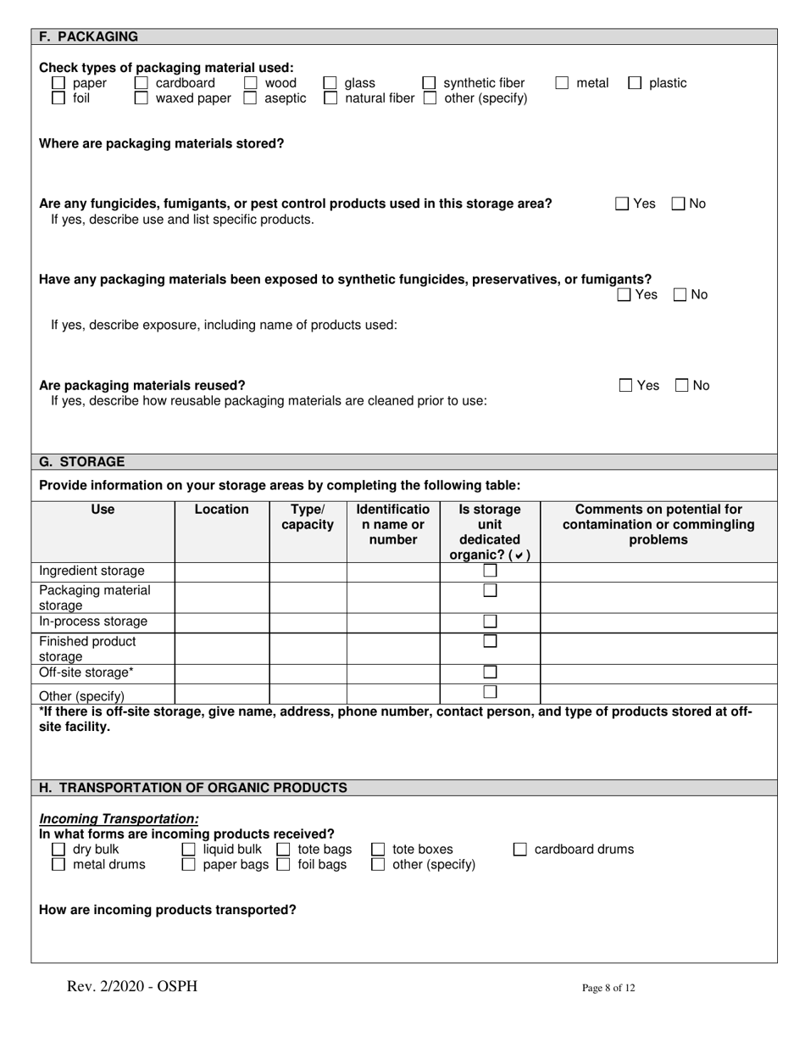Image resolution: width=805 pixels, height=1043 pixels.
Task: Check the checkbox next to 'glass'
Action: point(331,84)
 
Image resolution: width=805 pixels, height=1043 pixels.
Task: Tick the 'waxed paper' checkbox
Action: point(142,98)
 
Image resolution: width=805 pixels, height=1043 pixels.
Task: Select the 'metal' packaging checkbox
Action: point(563,83)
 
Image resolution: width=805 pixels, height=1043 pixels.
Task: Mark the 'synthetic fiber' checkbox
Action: point(430,84)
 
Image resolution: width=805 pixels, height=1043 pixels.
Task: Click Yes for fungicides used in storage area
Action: point(622,204)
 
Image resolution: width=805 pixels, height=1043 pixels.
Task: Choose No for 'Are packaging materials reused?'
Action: point(682,386)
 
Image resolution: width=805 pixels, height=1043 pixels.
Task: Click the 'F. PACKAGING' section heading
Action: point(89,36)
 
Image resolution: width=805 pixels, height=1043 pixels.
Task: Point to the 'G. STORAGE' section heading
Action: point(82,462)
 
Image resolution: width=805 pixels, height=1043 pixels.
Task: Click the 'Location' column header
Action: point(222,510)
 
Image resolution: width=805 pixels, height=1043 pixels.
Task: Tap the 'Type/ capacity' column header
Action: point(308,517)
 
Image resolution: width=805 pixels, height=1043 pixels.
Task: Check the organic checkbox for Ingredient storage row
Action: point(490,572)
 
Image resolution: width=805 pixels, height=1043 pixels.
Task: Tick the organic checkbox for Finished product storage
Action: point(490,641)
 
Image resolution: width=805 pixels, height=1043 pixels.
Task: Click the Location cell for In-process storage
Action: point(222,622)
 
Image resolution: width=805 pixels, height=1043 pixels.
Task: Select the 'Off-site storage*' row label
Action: point(86,672)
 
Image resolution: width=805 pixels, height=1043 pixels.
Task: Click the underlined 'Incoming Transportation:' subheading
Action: point(119,819)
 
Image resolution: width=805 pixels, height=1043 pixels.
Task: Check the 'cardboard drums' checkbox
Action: point(521,850)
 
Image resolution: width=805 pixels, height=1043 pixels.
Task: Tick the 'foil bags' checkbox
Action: point(285,865)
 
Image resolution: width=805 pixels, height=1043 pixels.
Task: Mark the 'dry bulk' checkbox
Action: point(58,850)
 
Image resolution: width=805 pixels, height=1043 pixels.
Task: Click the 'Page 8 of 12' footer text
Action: point(608,988)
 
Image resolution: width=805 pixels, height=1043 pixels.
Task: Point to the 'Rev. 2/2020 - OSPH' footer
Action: point(132,986)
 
